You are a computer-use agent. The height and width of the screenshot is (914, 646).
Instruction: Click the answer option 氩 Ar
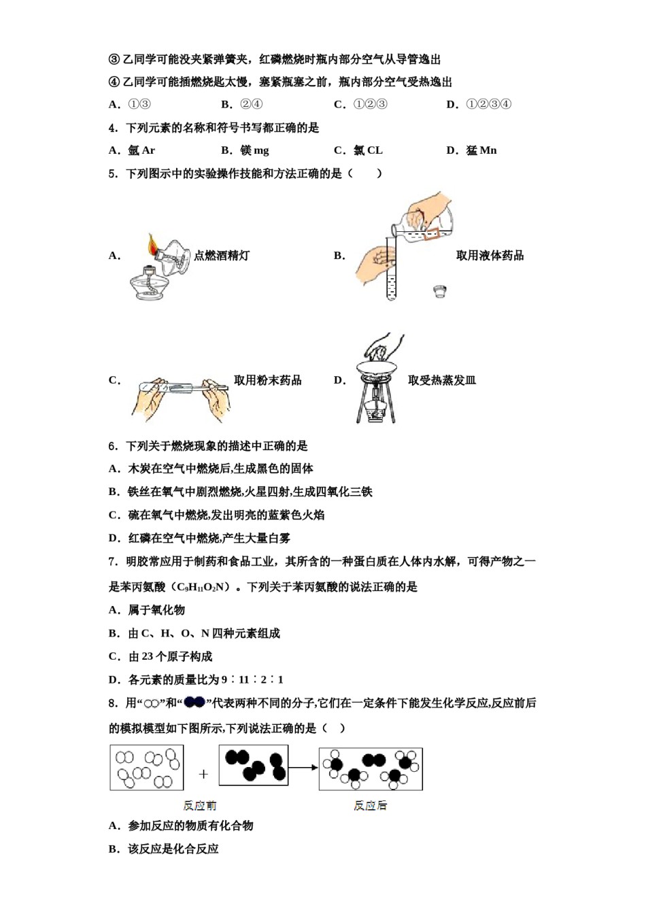(x=141, y=150)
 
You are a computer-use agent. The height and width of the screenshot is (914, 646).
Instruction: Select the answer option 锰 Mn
(x=481, y=150)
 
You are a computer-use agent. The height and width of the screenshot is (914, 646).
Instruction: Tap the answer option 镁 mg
(x=254, y=150)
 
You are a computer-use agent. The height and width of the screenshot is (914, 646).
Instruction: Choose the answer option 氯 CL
(x=368, y=150)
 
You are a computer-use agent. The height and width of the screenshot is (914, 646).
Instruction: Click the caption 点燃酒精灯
(x=222, y=256)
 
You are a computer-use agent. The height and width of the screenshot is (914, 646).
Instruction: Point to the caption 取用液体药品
(x=490, y=256)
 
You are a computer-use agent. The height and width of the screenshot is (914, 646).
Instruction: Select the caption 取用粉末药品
(x=267, y=380)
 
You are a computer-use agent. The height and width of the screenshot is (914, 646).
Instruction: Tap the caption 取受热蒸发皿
(x=441, y=380)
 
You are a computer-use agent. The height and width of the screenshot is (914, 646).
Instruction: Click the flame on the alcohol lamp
(x=153, y=243)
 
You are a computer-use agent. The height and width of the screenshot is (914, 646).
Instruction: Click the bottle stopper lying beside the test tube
(x=440, y=292)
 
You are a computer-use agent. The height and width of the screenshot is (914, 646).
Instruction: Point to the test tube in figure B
(x=391, y=272)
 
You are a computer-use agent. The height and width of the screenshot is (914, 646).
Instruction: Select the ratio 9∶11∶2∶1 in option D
(x=252, y=679)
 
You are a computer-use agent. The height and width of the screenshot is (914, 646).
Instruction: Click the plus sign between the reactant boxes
(x=203, y=774)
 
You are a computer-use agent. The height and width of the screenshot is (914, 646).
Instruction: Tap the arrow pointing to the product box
(x=303, y=768)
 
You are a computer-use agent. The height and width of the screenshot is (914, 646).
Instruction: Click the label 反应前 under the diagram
(x=199, y=805)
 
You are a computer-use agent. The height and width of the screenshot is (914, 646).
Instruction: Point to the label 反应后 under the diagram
(x=370, y=805)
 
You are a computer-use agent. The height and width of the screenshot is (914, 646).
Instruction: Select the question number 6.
(x=113, y=446)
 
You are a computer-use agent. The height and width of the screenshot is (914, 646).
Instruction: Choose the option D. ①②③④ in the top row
(x=479, y=104)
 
